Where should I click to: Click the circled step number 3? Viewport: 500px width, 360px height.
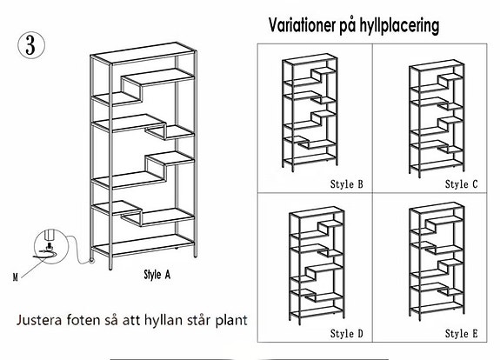[31, 45]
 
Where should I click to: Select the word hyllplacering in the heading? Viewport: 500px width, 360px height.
[400, 26]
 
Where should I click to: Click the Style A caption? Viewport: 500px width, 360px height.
[157, 275]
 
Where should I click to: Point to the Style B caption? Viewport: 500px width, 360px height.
[347, 184]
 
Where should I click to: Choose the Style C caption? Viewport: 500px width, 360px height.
[462, 184]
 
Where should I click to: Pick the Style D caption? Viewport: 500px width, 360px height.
[347, 334]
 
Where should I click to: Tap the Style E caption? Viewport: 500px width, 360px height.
[462, 334]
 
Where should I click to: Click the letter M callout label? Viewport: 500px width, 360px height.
[16, 277]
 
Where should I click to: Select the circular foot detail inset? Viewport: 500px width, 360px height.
[51, 246]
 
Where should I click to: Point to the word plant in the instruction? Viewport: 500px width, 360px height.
[231, 321]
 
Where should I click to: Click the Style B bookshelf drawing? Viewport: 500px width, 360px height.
[310, 112]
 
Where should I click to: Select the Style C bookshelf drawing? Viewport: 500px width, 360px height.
[437, 118]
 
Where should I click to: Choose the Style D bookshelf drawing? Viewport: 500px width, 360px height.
[317, 266]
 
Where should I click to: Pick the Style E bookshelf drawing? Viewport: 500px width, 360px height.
[437, 262]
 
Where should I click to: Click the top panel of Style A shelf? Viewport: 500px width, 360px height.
[143, 53]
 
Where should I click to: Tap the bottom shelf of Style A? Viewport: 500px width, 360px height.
[143, 245]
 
